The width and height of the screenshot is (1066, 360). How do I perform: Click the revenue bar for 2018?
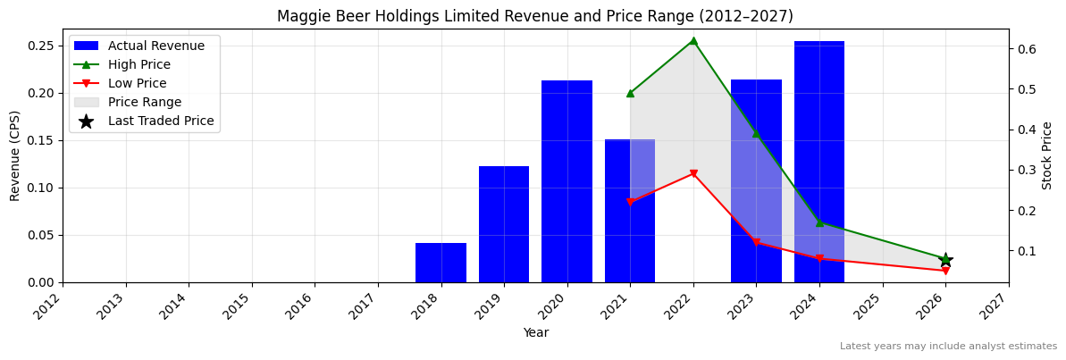[x=441, y=263]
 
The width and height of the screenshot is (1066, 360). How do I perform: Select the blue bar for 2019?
[x=504, y=224]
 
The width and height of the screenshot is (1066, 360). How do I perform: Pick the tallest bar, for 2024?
[x=819, y=162]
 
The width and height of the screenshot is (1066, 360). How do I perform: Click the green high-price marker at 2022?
[x=693, y=40]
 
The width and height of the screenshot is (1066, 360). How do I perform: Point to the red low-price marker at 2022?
[x=693, y=174]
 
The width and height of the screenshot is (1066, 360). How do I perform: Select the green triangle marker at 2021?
[x=630, y=93]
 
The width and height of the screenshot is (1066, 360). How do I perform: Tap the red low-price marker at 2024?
[x=819, y=259]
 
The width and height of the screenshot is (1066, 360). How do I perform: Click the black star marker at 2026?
[x=945, y=260]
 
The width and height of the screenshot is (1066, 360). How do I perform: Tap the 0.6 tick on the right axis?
[x=1026, y=49]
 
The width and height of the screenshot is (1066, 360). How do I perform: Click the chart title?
[x=534, y=16]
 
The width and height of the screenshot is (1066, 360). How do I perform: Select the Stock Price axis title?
[x=1047, y=155]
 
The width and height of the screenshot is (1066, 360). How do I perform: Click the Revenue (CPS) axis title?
[x=15, y=155]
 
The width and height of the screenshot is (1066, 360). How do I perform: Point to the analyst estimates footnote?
[x=948, y=347]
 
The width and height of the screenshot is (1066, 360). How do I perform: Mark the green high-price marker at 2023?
[x=756, y=133]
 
